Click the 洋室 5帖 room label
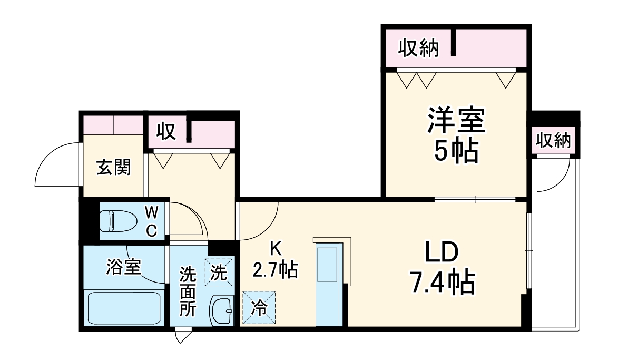click(x=455, y=135)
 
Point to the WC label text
click(x=151, y=221)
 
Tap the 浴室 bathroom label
click(x=123, y=267)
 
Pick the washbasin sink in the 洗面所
click(x=222, y=312)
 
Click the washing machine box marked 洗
click(x=218, y=272)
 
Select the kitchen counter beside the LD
click(x=330, y=285)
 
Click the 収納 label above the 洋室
click(x=418, y=48)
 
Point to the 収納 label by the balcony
click(x=553, y=141)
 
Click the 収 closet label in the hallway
click(x=167, y=132)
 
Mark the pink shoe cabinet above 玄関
click(x=113, y=125)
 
